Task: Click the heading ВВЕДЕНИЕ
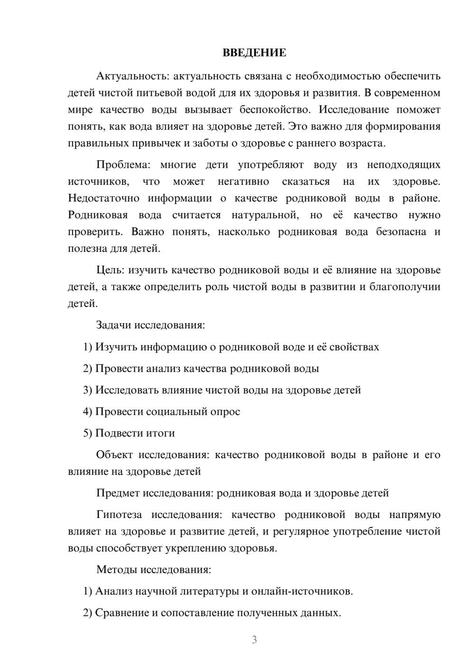[x=254, y=53]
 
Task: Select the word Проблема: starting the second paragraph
[x=123, y=165]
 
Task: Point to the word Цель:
[x=110, y=270]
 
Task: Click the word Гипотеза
[x=119, y=515]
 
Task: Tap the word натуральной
[x=265, y=215]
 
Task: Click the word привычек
[x=157, y=144]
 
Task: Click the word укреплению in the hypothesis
[x=195, y=548]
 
